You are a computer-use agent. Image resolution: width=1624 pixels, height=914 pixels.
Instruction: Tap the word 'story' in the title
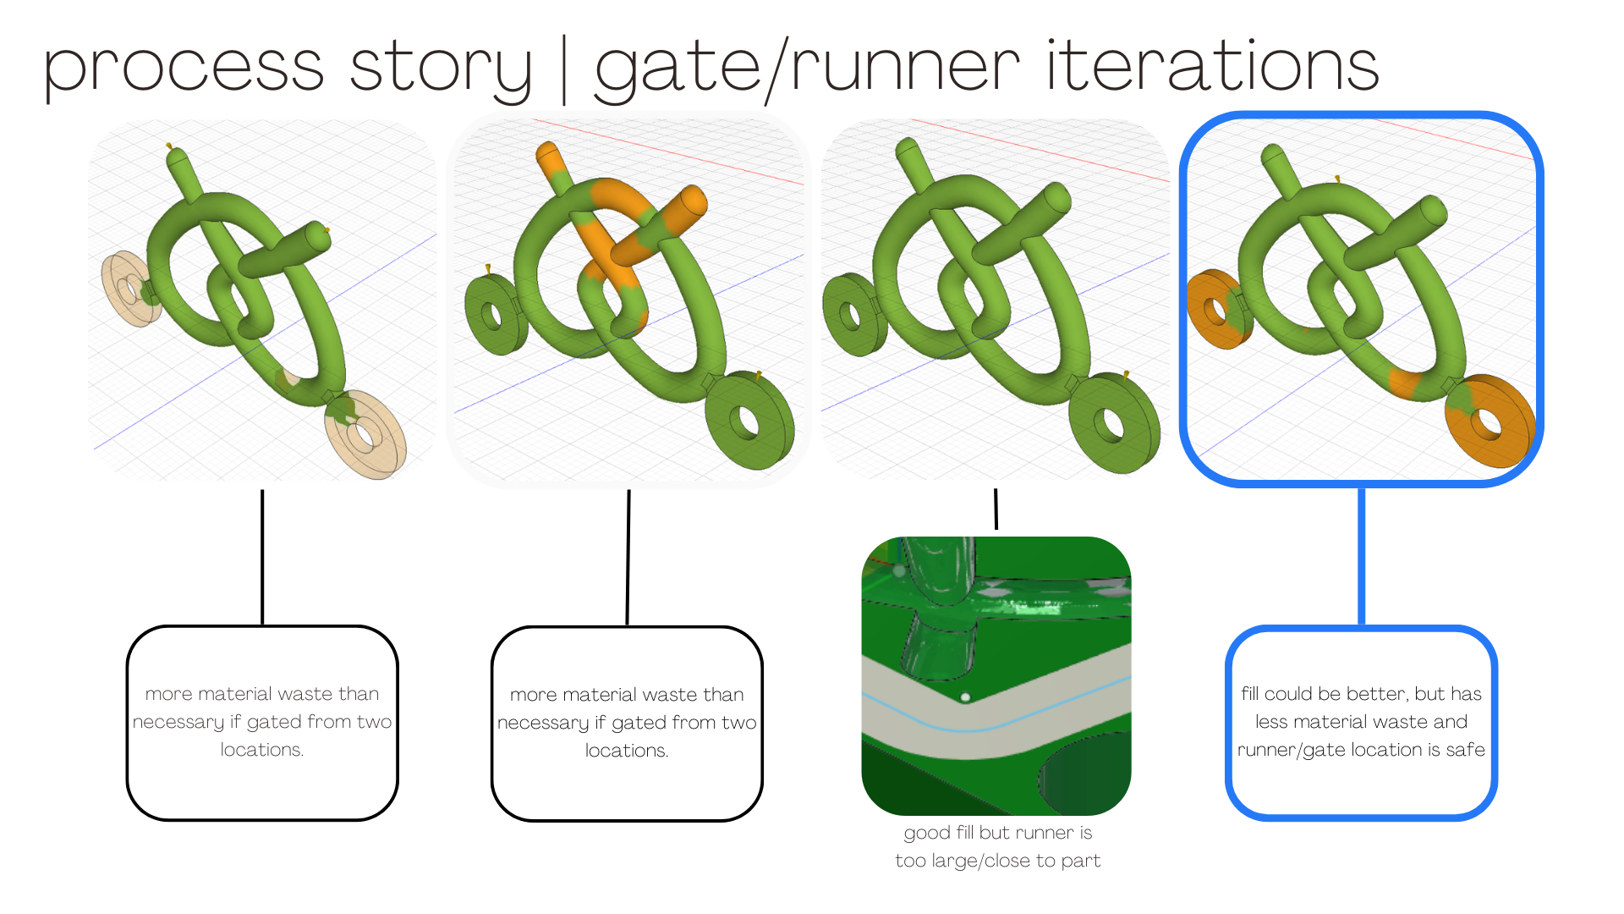click(441, 68)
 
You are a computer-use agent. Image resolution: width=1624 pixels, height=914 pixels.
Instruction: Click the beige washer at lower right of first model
click(366, 433)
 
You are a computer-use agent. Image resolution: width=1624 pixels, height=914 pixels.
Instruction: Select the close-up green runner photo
click(996, 676)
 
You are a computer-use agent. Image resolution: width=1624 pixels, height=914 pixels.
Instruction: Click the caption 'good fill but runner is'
click(998, 833)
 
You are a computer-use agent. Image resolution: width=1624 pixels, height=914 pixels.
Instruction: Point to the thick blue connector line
click(1362, 557)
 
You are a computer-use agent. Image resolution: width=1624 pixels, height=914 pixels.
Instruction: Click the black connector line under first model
click(262, 558)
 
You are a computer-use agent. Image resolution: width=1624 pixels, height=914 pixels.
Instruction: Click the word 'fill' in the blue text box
click(1250, 694)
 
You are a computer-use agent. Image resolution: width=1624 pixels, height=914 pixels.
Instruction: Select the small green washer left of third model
click(854, 314)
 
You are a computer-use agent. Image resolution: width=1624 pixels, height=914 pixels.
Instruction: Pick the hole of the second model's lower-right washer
click(745, 421)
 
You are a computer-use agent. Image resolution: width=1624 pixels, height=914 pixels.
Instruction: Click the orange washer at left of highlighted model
click(1219, 309)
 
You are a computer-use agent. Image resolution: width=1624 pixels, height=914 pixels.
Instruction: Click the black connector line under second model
click(628, 558)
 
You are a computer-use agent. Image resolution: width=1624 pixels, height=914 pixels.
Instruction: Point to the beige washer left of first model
click(132, 288)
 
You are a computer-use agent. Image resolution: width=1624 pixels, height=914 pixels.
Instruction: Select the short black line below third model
click(996, 509)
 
